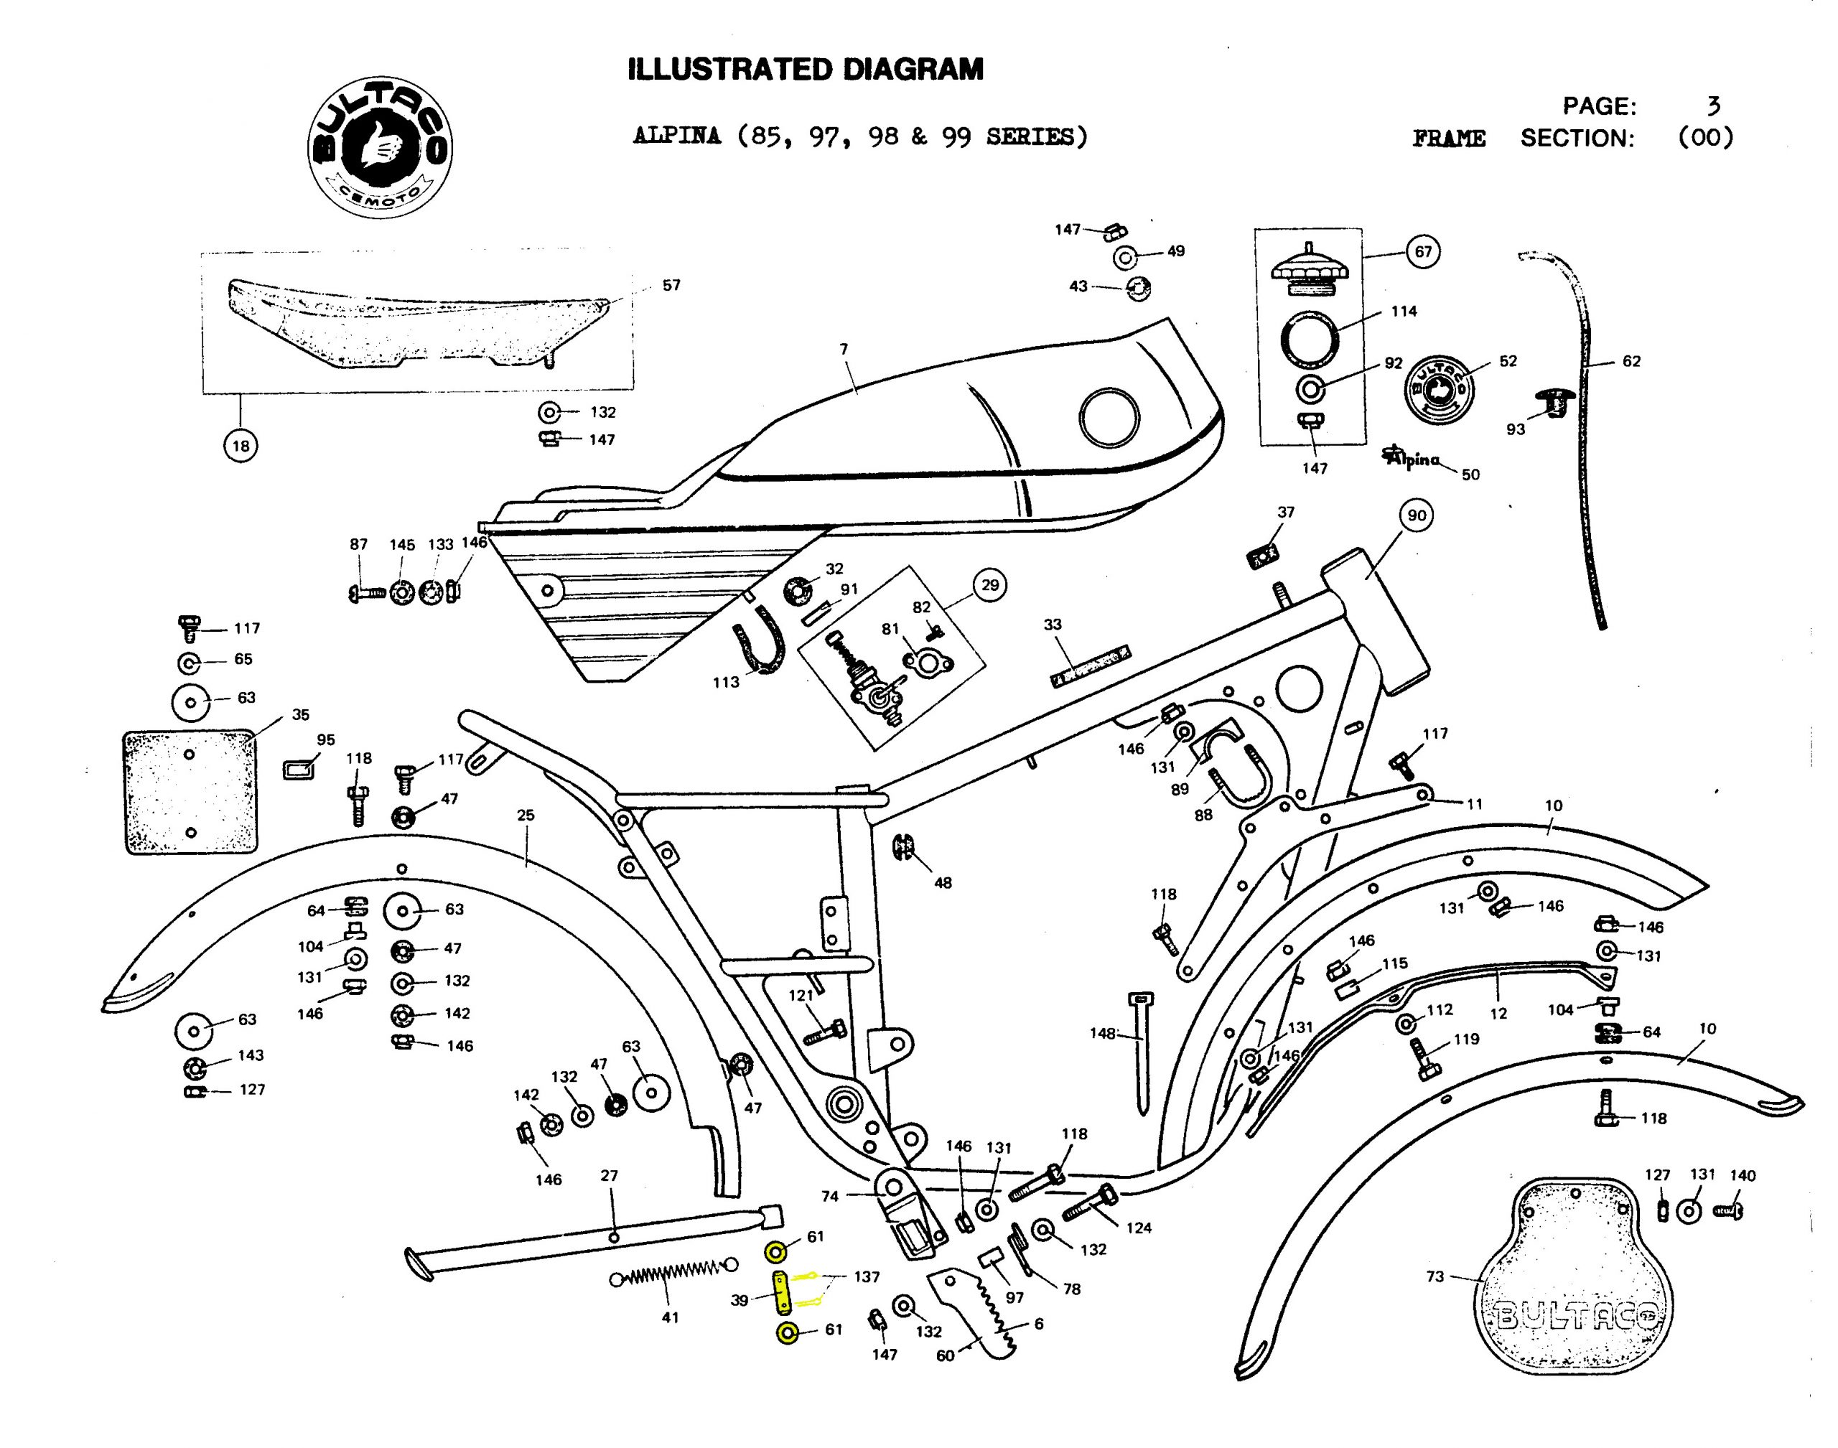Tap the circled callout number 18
[x=241, y=446]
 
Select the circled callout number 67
[x=1422, y=252]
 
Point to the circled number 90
[x=1417, y=515]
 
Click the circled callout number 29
[x=989, y=585]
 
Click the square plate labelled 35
[x=191, y=792]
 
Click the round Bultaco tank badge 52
[x=1440, y=389]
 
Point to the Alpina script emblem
[x=1412, y=458]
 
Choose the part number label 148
[x=1102, y=1034]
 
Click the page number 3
[x=1713, y=106]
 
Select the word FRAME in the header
[x=1448, y=138]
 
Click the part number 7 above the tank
[x=844, y=350]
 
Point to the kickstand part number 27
[x=609, y=1176]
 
